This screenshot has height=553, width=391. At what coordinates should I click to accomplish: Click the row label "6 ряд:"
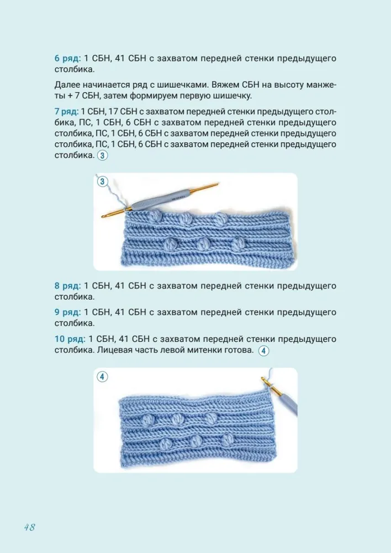click(x=67, y=58)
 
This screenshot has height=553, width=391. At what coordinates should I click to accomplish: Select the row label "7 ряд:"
click(x=66, y=112)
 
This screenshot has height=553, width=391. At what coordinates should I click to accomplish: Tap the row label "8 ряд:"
click(x=67, y=286)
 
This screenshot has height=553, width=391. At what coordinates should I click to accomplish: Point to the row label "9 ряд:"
click(x=67, y=312)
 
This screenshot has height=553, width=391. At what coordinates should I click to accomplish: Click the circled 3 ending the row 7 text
click(x=102, y=156)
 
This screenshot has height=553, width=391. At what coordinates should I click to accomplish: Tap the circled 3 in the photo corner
click(x=102, y=181)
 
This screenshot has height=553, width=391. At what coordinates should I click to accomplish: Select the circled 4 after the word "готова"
click(x=263, y=351)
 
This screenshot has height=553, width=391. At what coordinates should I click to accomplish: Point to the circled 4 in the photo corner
click(x=102, y=377)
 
